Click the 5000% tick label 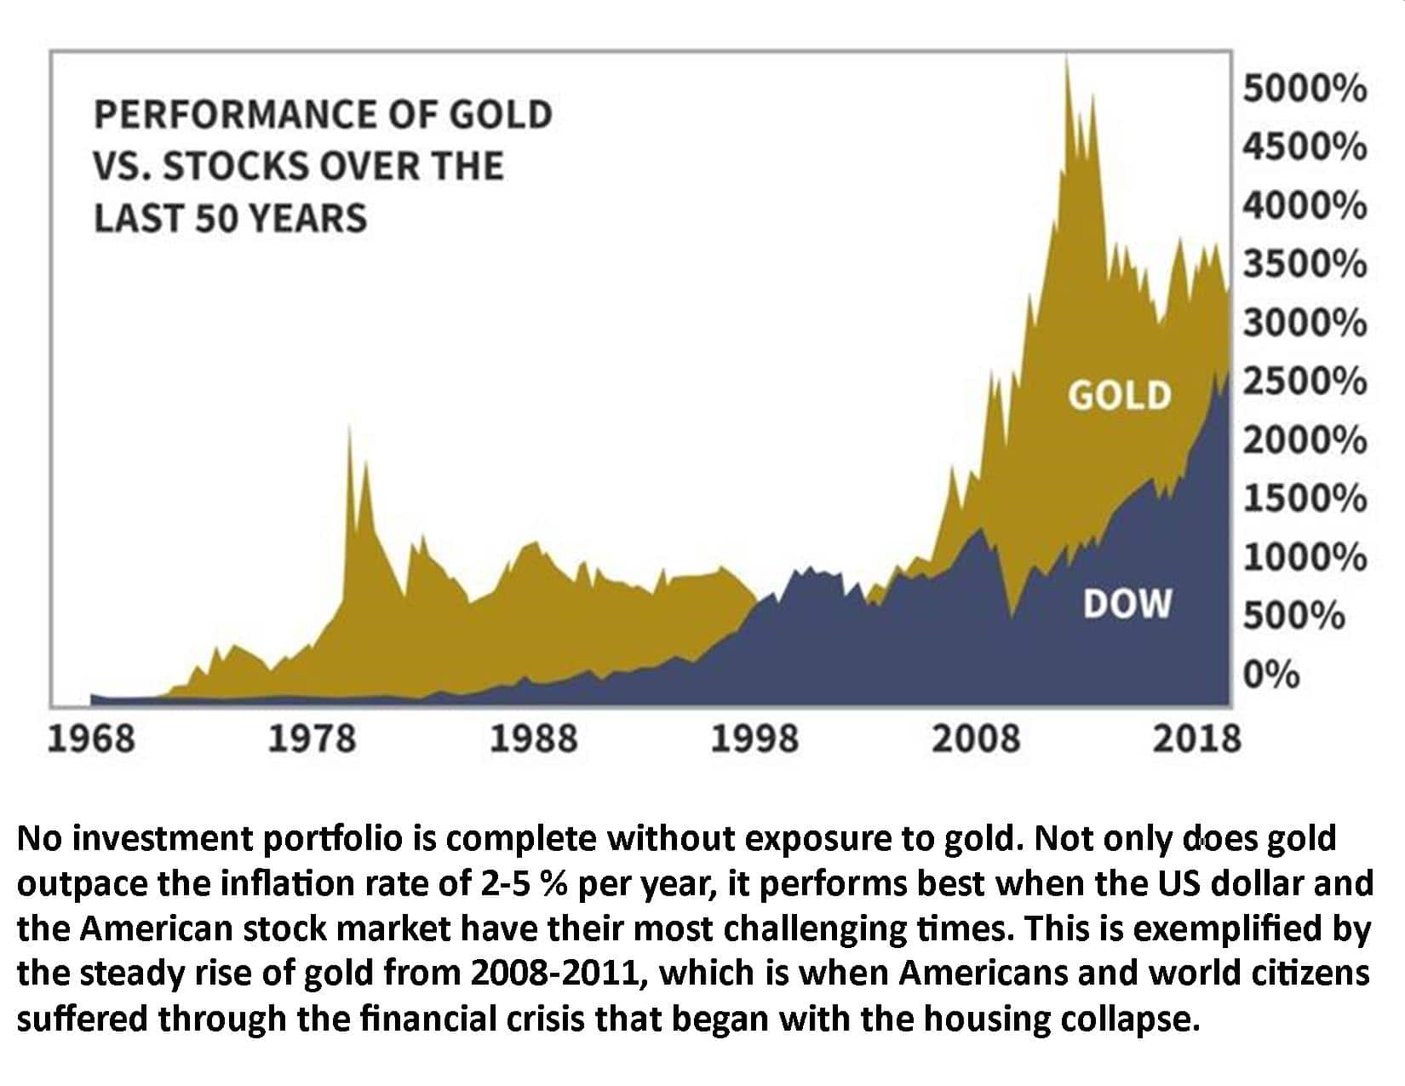1305,89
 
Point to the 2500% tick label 1305,382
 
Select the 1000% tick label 1305,558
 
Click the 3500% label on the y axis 1305,265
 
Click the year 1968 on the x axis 90,738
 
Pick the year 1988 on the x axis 533,738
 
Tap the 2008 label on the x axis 976,738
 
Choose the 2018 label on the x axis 1197,738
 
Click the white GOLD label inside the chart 1120,396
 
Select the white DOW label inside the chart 1127,604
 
